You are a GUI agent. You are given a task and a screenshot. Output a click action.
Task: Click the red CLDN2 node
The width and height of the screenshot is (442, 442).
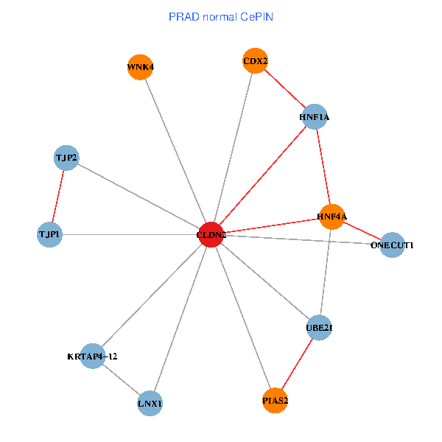(x=211, y=234)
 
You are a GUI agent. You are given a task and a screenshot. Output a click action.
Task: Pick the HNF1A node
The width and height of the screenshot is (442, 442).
(x=315, y=116)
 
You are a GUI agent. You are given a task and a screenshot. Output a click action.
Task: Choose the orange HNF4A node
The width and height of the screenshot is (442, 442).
(x=331, y=217)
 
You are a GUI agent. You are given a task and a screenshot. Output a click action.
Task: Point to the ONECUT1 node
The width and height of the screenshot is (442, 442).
(x=393, y=245)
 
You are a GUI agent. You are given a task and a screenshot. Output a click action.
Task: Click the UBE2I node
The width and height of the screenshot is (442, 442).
(x=320, y=328)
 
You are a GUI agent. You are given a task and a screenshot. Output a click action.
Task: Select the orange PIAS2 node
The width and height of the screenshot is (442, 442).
(x=275, y=401)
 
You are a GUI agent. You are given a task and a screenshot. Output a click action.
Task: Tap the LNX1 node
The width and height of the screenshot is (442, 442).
(x=150, y=403)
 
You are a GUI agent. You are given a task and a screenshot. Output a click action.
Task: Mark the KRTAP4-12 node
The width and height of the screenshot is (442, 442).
(x=92, y=357)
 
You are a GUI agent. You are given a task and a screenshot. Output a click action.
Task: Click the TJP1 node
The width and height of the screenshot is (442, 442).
(x=49, y=235)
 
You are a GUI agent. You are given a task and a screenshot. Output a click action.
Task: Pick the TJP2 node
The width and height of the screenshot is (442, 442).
(x=66, y=158)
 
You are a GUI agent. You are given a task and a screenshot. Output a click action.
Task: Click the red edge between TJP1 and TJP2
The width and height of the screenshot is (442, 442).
(x=58, y=196)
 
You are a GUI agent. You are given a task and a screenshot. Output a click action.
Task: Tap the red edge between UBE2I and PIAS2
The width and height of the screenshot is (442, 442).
(x=298, y=364)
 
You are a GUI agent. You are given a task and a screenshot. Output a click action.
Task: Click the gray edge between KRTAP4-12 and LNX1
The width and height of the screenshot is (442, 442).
(x=122, y=380)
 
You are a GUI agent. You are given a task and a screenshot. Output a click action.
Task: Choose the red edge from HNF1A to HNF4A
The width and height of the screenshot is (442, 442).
(x=323, y=166)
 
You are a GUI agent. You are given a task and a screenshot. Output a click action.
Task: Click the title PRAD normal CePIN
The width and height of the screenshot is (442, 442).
(x=221, y=16)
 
